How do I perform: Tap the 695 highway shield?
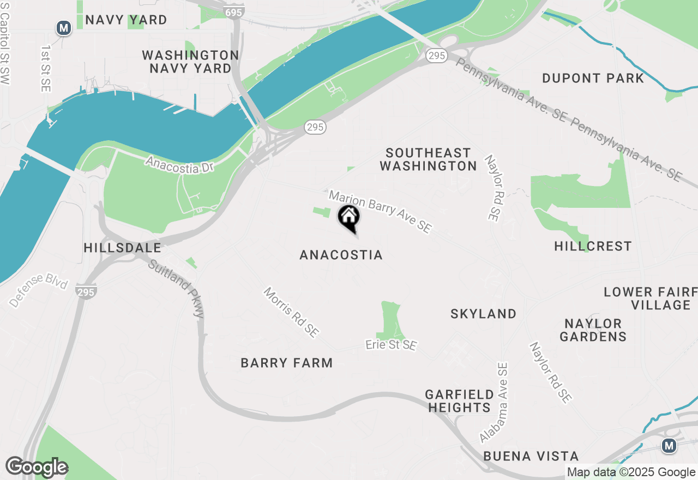pyautogui.click(x=233, y=11)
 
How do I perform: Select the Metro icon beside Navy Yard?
pyautogui.click(x=64, y=27)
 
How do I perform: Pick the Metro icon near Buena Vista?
pyautogui.click(x=669, y=446)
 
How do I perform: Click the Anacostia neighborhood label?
pyautogui.click(x=341, y=255)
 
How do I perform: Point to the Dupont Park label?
pyautogui.click(x=593, y=79)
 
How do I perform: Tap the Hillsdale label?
pyautogui.click(x=123, y=248)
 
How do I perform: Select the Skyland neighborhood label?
pyautogui.click(x=484, y=314)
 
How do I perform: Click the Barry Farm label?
pyautogui.click(x=287, y=363)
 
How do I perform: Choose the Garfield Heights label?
pyautogui.click(x=460, y=401)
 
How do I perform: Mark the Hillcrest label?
pyautogui.click(x=593, y=247)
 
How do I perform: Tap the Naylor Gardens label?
pyautogui.click(x=593, y=330)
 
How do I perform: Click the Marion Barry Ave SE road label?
pyautogui.click(x=380, y=212)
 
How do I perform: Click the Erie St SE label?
pyautogui.click(x=391, y=345)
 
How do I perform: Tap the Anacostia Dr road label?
pyautogui.click(x=179, y=165)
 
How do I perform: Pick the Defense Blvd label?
pyautogui.click(x=38, y=293)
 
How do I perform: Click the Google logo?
pyautogui.click(x=37, y=467)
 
